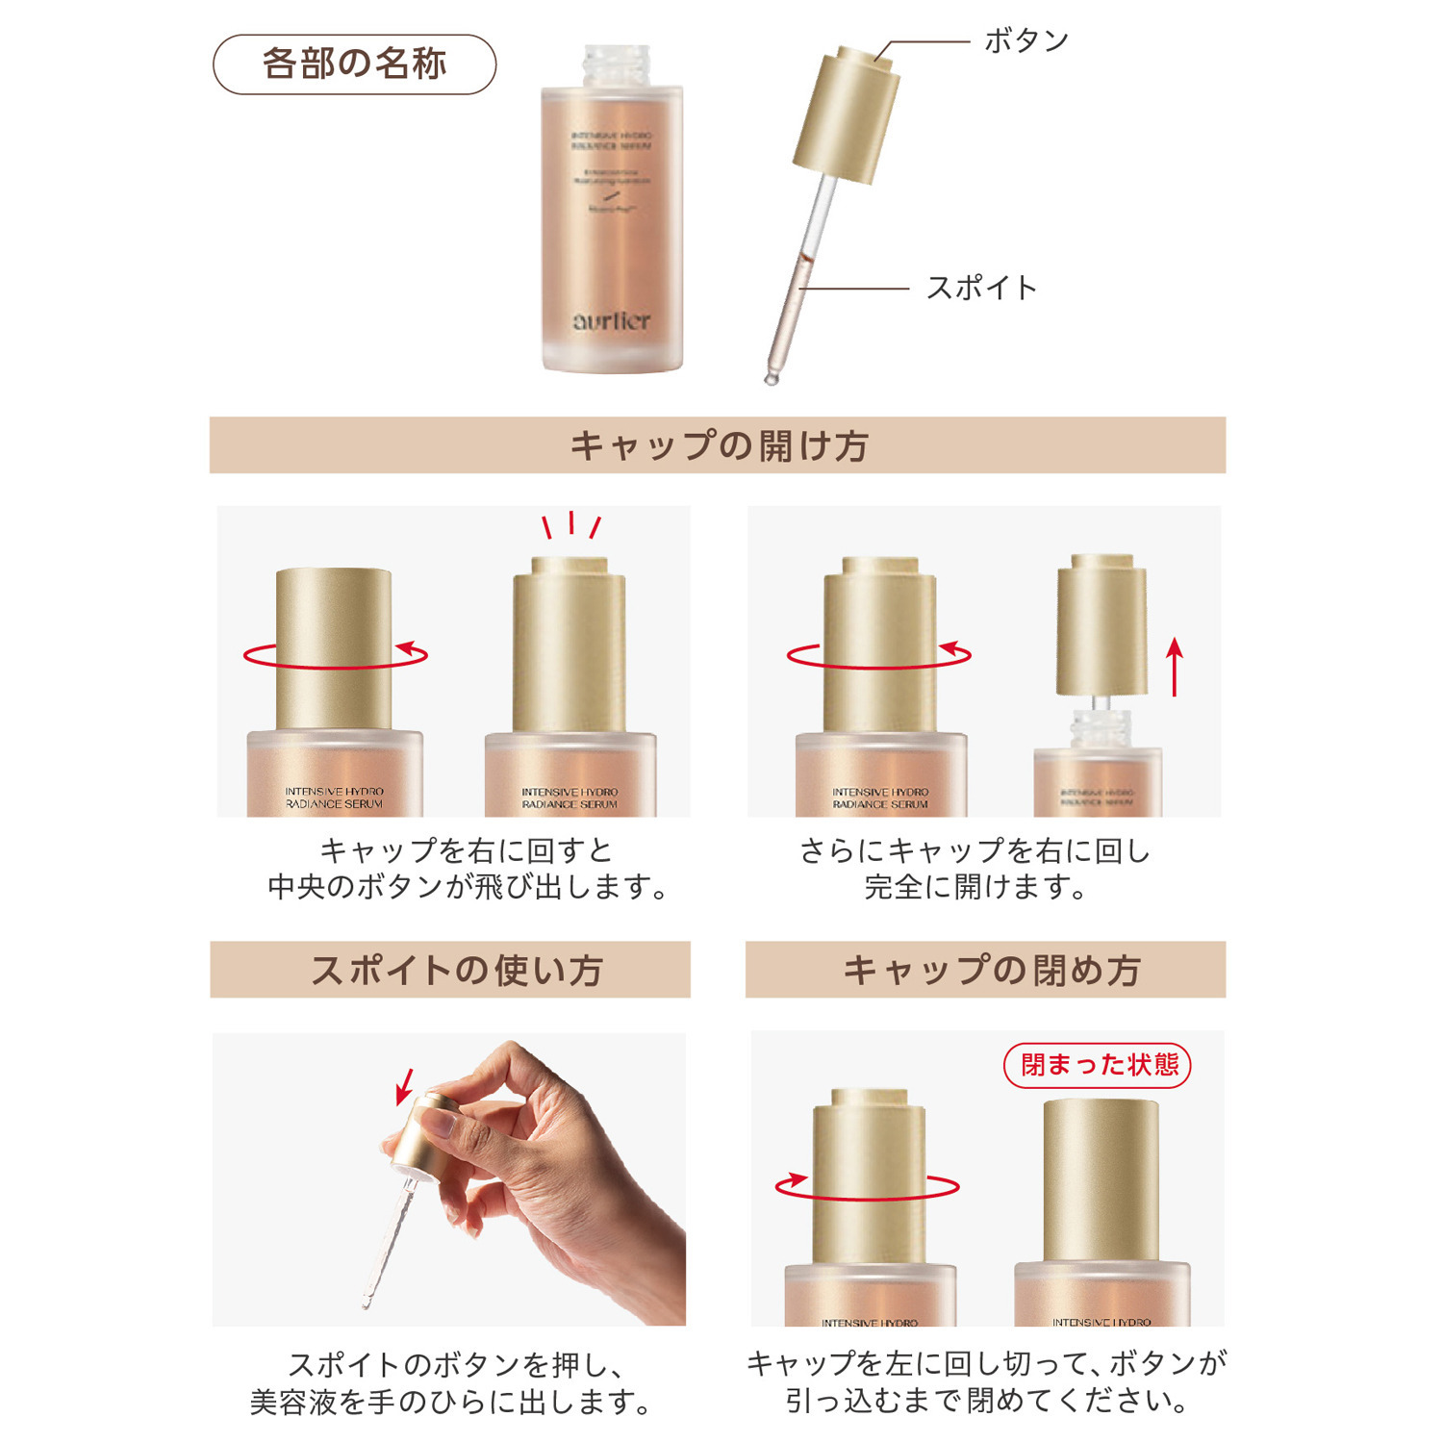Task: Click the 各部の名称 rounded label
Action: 354,64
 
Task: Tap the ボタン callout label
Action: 1026,40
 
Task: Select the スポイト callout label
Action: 981,288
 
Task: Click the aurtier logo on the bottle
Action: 612,321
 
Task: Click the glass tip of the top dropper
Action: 771,378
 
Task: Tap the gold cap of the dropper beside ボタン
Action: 847,115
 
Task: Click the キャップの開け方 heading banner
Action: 718,445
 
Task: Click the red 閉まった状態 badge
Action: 1098,1065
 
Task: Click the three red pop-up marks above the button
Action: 571,525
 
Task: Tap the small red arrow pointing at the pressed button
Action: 405,1086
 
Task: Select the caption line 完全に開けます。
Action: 975,887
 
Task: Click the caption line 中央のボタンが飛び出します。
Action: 468,887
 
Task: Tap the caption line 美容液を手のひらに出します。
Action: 450,1402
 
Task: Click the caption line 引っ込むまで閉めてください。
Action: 986,1400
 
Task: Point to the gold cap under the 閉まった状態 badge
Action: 1101,1178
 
